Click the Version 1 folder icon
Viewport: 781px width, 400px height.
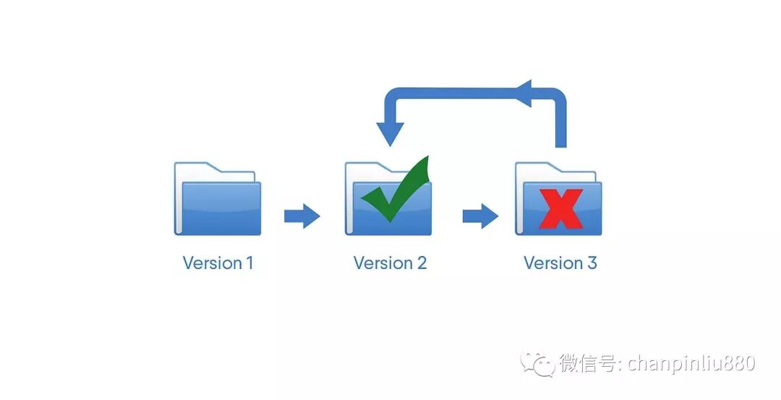coord(218,203)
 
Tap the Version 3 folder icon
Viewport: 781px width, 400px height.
coord(558,206)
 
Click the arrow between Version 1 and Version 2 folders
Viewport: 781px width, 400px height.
coord(302,216)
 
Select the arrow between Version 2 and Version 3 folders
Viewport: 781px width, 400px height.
coord(480,216)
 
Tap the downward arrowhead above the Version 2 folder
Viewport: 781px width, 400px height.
coord(390,134)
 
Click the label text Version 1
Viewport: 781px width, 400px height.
coord(218,263)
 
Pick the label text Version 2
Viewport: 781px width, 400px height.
coord(390,263)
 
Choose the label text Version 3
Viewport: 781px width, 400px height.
coord(560,263)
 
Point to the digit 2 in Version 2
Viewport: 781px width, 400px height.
coord(421,263)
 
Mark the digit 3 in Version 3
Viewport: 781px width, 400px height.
coord(592,263)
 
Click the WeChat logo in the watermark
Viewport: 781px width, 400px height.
coord(538,363)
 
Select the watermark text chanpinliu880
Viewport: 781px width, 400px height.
coord(691,363)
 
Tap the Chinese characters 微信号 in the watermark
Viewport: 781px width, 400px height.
coord(586,363)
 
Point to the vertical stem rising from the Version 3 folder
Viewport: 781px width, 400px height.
coord(560,127)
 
